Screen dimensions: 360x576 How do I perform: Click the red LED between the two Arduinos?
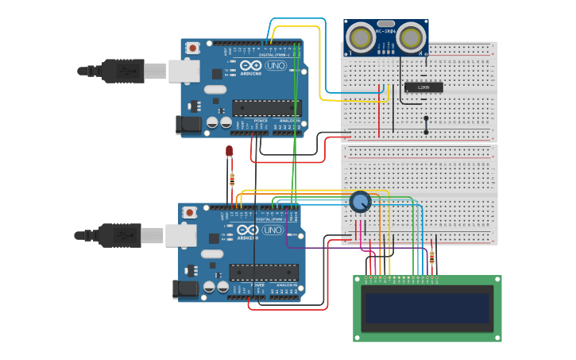pos(229,150)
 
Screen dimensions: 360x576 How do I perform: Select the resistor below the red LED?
pos(232,178)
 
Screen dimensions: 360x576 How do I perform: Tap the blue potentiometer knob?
pos(360,202)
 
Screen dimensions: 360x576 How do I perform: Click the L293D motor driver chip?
pos(423,87)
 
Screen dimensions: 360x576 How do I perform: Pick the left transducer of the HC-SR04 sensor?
pos(361,37)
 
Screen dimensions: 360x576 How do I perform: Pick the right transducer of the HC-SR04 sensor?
pos(410,37)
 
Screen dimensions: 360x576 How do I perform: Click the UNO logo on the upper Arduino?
pos(276,65)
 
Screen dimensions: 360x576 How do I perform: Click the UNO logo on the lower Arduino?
pos(273,230)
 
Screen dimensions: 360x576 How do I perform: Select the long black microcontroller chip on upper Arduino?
pos(266,107)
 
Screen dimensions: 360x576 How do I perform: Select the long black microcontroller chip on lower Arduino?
pos(264,272)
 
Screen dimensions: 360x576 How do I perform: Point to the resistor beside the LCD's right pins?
pos(431,257)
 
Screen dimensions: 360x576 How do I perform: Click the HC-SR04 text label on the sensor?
pos(386,31)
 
